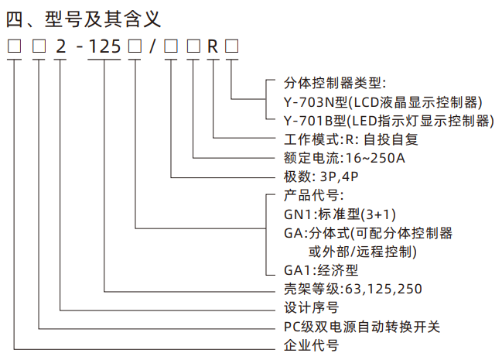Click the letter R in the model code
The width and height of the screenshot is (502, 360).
tap(213, 46)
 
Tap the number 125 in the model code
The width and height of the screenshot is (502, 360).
tap(104, 46)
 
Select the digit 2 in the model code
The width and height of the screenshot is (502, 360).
tap(60, 46)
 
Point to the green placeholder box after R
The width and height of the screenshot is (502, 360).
tap(231, 46)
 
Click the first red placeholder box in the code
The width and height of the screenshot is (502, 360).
tap(13, 46)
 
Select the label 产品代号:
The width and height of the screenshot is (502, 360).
tap(309, 195)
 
